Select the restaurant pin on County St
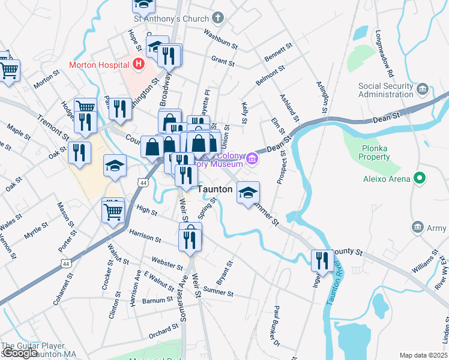click(323, 260)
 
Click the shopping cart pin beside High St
click(113, 211)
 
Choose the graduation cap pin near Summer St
click(248, 193)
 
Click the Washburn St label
click(221, 38)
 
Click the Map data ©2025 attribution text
click(423, 355)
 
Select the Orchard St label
click(164, 329)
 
